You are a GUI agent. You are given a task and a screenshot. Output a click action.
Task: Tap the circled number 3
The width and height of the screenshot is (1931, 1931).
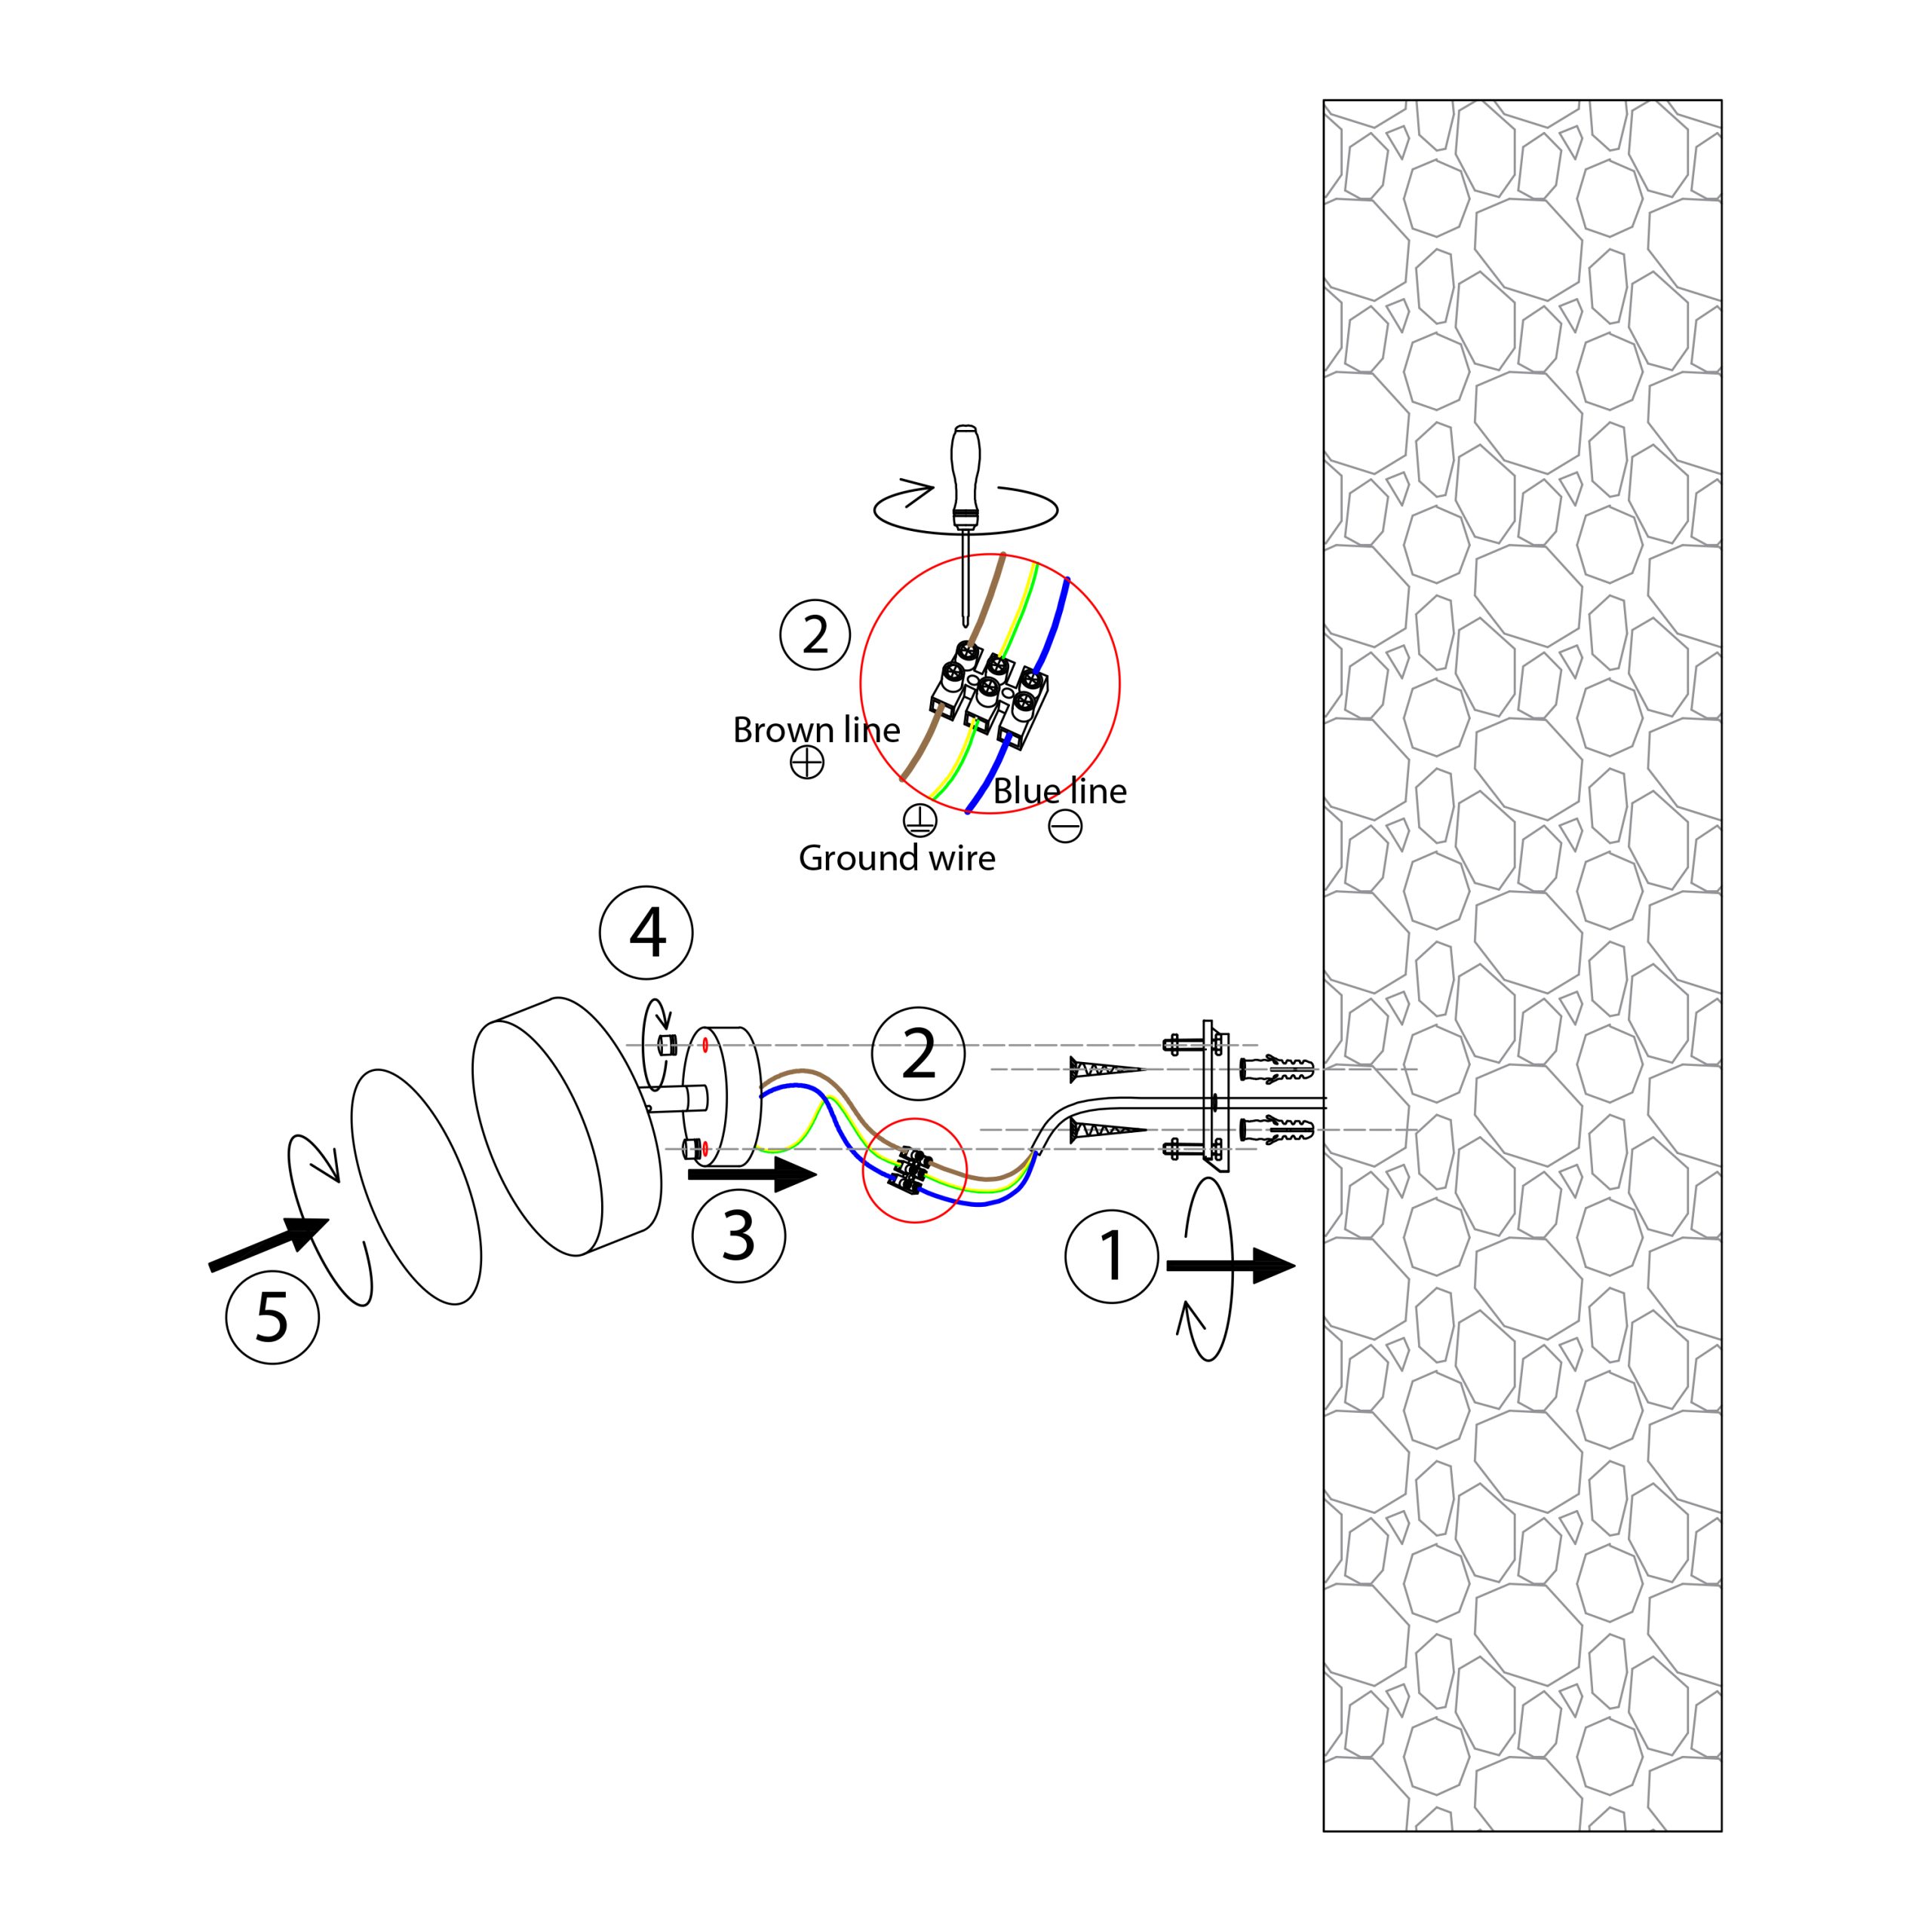[738, 1236]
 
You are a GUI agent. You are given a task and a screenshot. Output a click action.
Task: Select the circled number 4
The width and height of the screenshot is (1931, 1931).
[646, 932]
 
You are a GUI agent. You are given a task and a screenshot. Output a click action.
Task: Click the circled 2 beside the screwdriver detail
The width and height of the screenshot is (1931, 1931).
[815, 634]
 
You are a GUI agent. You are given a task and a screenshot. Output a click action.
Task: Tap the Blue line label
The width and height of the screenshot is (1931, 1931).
[1060, 791]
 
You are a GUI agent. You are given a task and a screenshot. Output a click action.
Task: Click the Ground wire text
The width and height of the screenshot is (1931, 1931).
[897, 858]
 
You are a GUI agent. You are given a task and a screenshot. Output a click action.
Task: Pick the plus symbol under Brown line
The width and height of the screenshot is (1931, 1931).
[806, 763]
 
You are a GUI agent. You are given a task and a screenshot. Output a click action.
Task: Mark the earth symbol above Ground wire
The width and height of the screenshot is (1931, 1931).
[919, 820]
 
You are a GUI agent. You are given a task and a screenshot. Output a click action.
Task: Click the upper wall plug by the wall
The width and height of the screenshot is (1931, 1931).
[1276, 1070]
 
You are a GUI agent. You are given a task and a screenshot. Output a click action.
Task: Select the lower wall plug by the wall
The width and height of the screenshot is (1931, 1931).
[1276, 1131]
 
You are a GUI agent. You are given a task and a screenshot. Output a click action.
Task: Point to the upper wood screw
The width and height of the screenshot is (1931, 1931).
[1106, 1070]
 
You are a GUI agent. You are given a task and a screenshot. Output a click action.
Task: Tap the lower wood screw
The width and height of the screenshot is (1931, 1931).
[1106, 1131]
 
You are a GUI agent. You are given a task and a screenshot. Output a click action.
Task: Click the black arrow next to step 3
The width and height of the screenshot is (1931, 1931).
[753, 1175]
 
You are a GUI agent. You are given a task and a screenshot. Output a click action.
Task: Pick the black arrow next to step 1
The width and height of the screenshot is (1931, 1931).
[1231, 1266]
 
